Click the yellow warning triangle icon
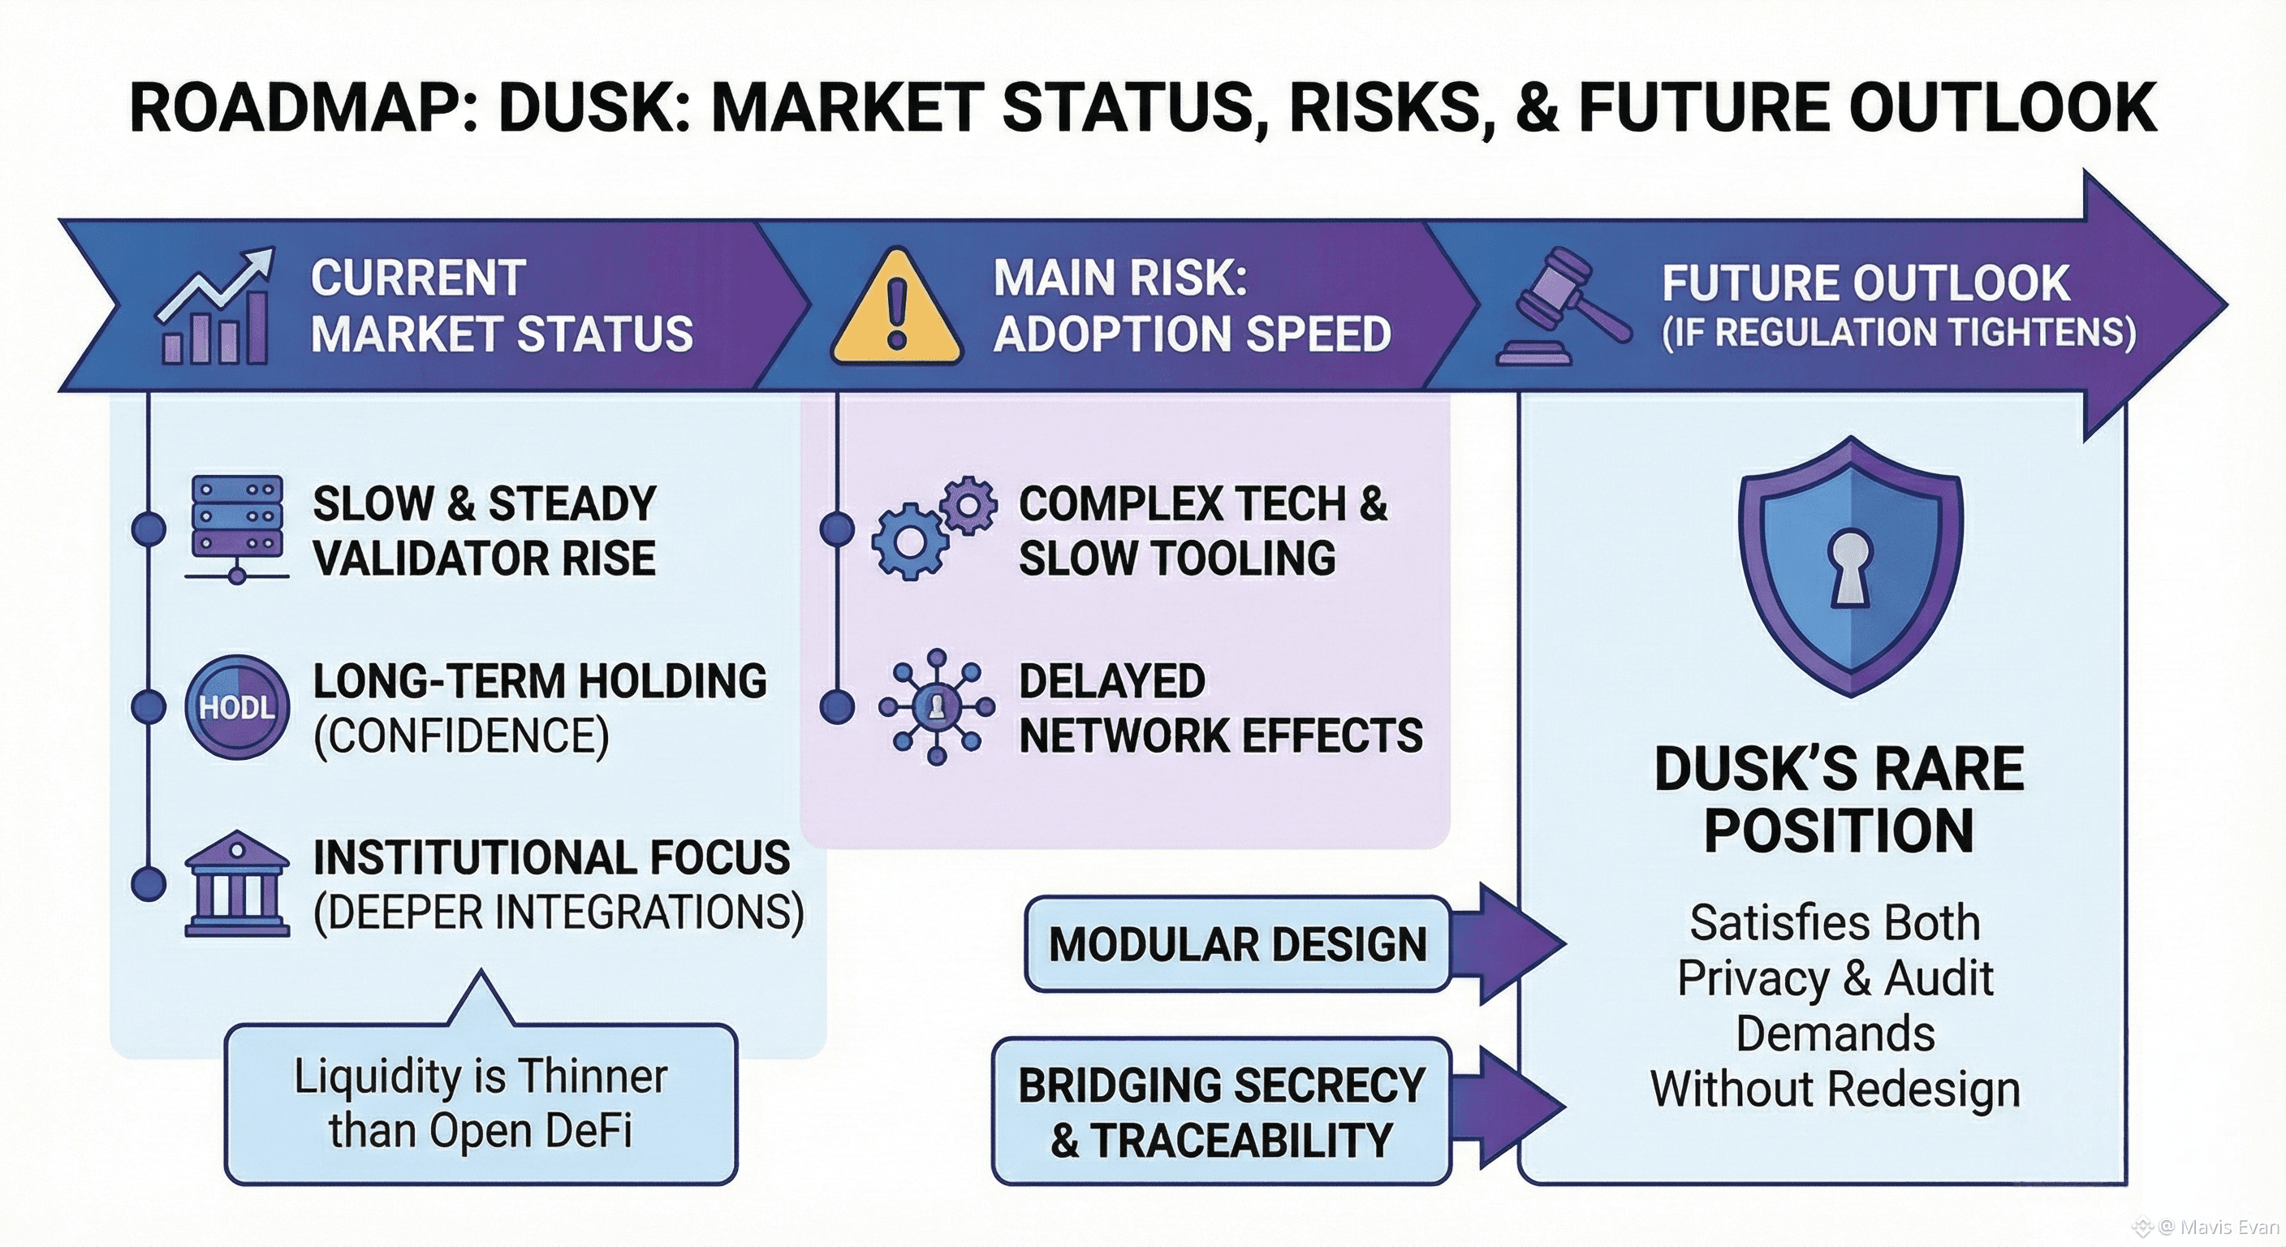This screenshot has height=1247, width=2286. pyautogui.click(x=896, y=311)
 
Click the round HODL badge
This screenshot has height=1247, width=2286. pyautogui.click(x=237, y=707)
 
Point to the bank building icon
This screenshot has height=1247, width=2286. pyautogui.click(x=237, y=884)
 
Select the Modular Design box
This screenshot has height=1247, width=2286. pyautogui.click(x=1237, y=943)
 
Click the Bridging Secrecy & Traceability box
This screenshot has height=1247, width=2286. pyautogui.click(x=1221, y=1111)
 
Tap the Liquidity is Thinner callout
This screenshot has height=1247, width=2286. pyautogui.click(x=481, y=1103)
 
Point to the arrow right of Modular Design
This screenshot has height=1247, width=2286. pyautogui.click(x=1517, y=943)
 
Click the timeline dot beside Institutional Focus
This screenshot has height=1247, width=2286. pyautogui.click(x=149, y=884)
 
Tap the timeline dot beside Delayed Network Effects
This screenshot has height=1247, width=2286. pyautogui.click(x=837, y=707)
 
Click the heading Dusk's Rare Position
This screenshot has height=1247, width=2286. pyautogui.click(x=1839, y=800)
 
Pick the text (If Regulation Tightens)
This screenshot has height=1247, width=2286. pyautogui.click(x=1898, y=333)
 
